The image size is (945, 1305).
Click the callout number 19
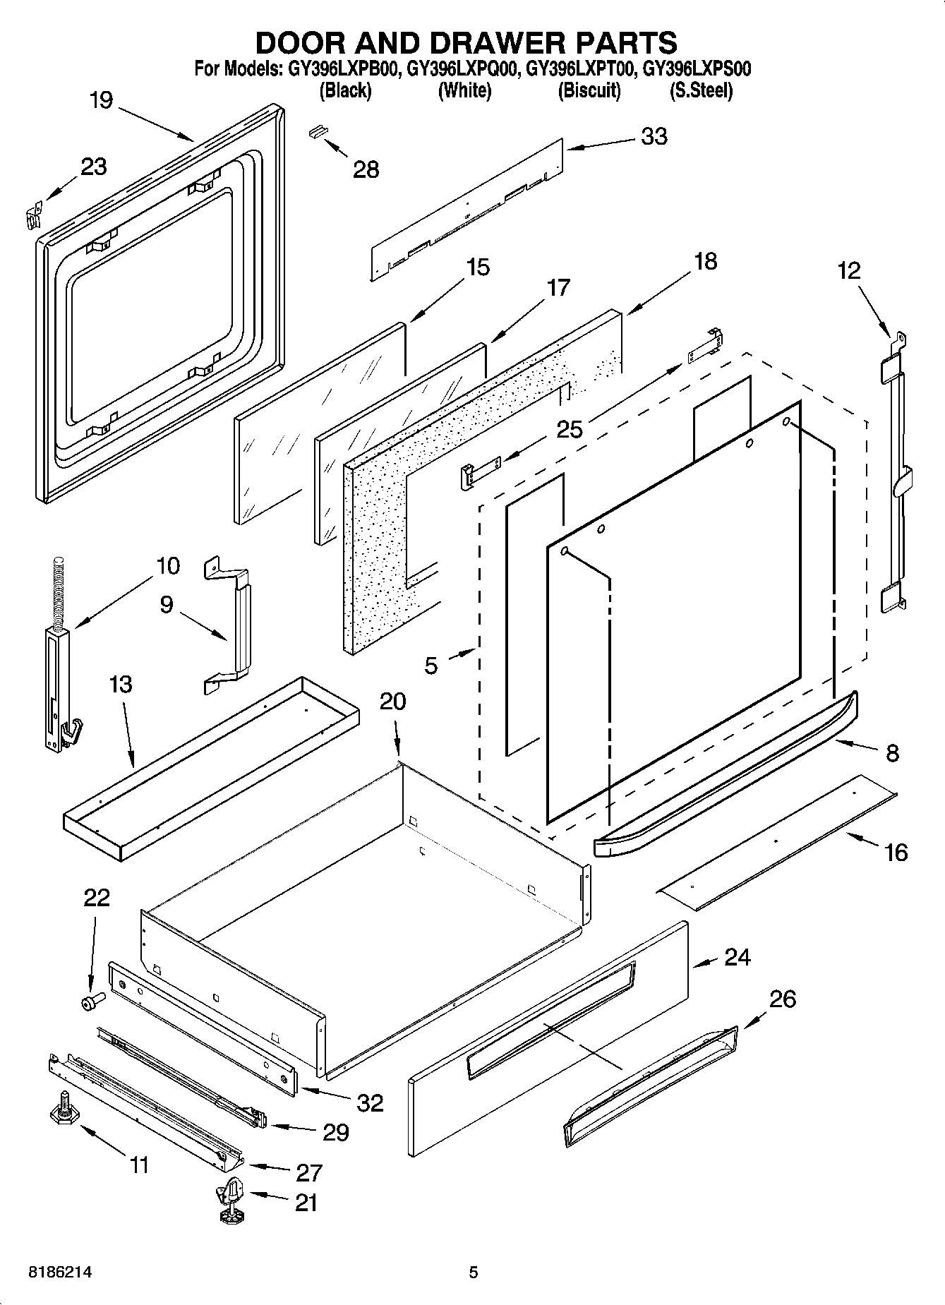(x=101, y=100)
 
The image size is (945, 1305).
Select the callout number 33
(x=654, y=136)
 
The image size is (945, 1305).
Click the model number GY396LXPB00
(x=342, y=69)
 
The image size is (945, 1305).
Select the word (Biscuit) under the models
(x=589, y=90)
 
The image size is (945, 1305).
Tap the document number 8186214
(x=60, y=1273)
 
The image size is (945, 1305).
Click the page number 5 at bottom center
(x=474, y=1273)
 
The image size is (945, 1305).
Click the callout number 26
(x=781, y=999)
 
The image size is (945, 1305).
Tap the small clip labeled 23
(x=32, y=215)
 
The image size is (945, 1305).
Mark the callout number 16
(x=895, y=853)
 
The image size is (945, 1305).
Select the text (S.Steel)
(x=701, y=90)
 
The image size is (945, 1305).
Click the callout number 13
(x=121, y=684)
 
